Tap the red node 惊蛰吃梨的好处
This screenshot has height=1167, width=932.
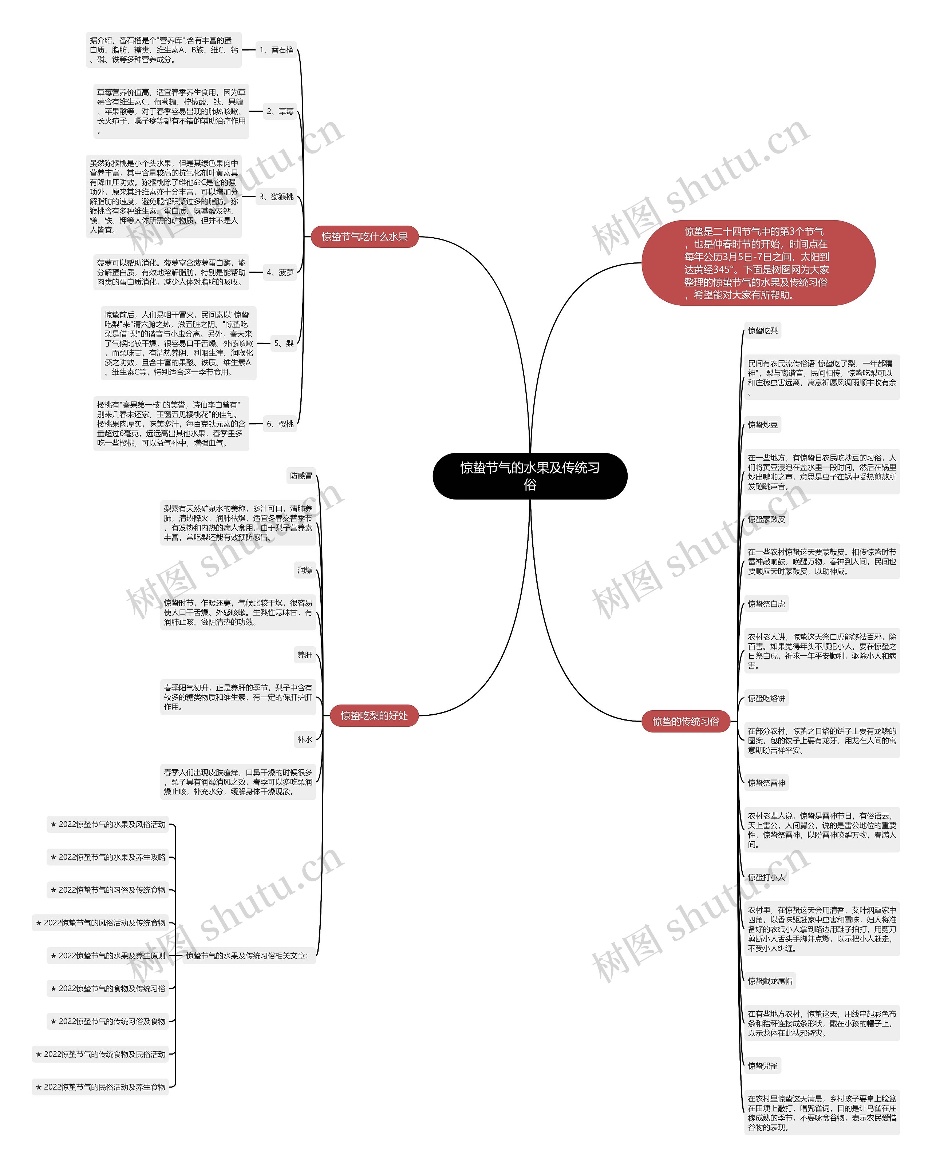[x=374, y=715]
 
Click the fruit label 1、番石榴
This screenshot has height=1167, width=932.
[x=276, y=50]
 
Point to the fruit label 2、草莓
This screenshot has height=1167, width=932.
[x=280, y=111]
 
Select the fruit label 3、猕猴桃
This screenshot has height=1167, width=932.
[x=276, y=197]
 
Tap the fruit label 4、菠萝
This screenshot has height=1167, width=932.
[x=280, y=272]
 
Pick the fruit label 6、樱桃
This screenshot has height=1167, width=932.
[x=280, y=424]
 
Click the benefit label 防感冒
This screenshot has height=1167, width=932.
[x=301, y=476]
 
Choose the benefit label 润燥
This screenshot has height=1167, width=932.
[x=305, y=570]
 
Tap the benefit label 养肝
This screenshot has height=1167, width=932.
[x=305, y=655]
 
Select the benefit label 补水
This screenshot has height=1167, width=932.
[x=305, y=739]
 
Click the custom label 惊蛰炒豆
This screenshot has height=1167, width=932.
[x=762, y=425]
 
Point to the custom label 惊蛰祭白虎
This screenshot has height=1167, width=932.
[x=766, y=604]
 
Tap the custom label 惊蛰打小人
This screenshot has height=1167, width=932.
[x=766, y=877]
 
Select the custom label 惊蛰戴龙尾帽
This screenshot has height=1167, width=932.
[x=770, y=981]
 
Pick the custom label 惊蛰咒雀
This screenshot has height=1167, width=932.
[x=762, y=1066]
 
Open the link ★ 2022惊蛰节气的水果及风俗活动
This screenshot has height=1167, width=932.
[x=108, y=824]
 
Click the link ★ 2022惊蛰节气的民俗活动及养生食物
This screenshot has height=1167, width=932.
[x=100, y=1087]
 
